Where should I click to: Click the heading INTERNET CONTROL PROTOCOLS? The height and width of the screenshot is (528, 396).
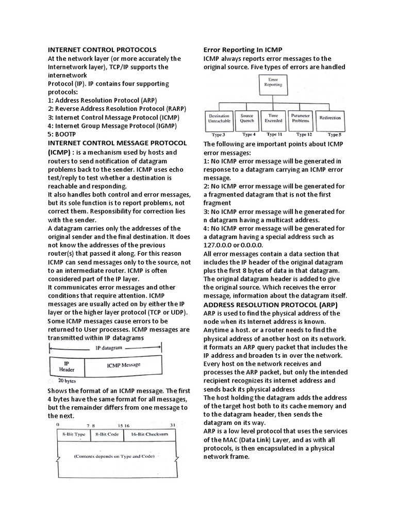click(102, 50)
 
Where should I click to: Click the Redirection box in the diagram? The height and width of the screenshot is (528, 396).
click(330, 118)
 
